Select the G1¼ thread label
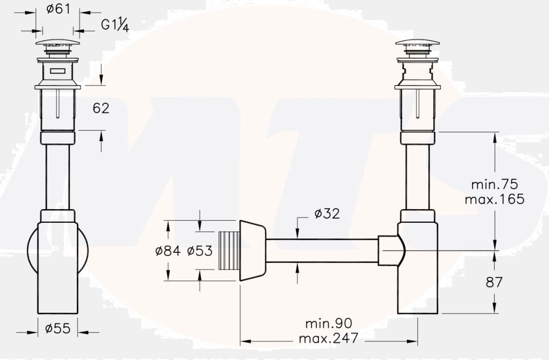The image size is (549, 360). pos(115,25)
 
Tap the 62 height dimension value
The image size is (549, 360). pos(100,108)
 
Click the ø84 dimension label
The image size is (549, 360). pos(167,251)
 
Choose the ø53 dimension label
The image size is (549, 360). pos(200,251)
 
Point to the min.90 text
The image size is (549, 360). pos(329,323)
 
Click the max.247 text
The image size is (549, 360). pos(328,338)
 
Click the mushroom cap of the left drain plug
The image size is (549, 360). pos(58,42)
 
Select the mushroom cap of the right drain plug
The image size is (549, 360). pos(417,43)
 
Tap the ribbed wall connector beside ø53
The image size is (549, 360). pos(229,251)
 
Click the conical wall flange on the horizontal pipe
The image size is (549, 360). pos(252,251)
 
